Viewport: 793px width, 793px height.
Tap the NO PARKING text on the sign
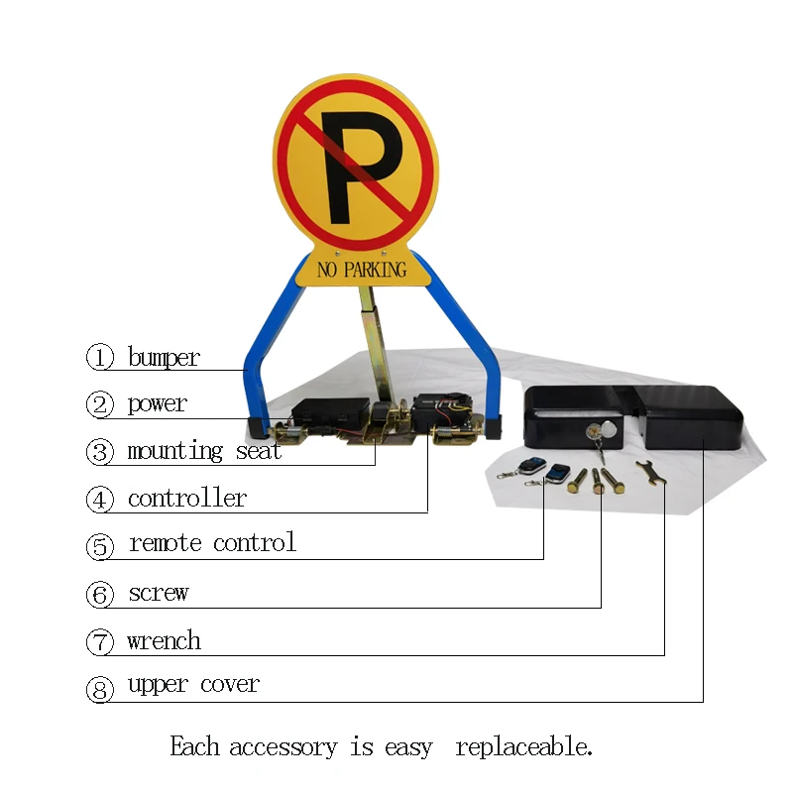[362, 269]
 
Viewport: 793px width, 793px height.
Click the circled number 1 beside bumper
[100, 357]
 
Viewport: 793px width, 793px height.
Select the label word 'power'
[157, 403]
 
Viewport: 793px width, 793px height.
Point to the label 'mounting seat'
[204, 451]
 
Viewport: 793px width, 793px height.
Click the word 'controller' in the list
[186, 498]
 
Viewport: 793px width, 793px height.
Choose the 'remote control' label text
[212, 543]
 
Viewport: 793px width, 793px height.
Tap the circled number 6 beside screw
[100, 594]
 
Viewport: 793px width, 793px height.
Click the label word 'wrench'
[164, 641]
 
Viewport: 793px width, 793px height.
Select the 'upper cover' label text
[193, 685]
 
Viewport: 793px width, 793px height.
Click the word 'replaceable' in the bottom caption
[523, 746]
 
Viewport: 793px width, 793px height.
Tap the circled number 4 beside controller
[100, 500]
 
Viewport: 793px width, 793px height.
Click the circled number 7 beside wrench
[100, 642]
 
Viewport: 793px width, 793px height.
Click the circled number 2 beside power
[100, 404]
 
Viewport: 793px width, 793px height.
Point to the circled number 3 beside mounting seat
[100, 452]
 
